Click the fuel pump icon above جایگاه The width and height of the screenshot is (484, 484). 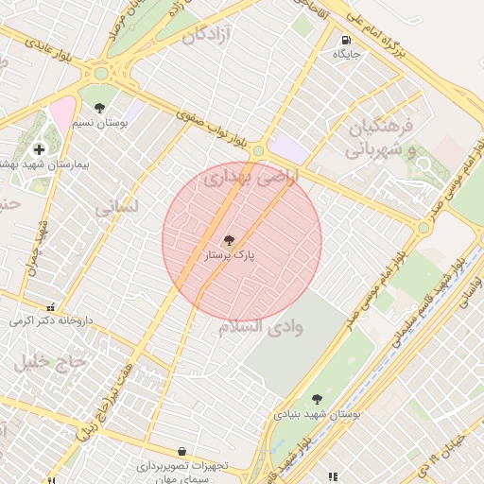[347, 41]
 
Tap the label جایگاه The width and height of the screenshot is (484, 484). [347, 55]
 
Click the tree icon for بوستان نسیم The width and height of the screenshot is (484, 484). [99, 107]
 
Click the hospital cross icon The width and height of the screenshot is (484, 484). [39, 148]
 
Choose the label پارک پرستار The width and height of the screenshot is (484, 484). [229, 255]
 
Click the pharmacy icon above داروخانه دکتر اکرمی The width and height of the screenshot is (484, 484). [50, 306]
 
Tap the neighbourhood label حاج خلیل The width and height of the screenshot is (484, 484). [50, 360]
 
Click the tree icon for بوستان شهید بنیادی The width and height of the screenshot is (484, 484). [317, 399]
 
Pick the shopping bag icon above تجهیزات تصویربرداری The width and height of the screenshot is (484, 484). [181, 451]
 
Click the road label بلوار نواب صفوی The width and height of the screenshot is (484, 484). [211, 130]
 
